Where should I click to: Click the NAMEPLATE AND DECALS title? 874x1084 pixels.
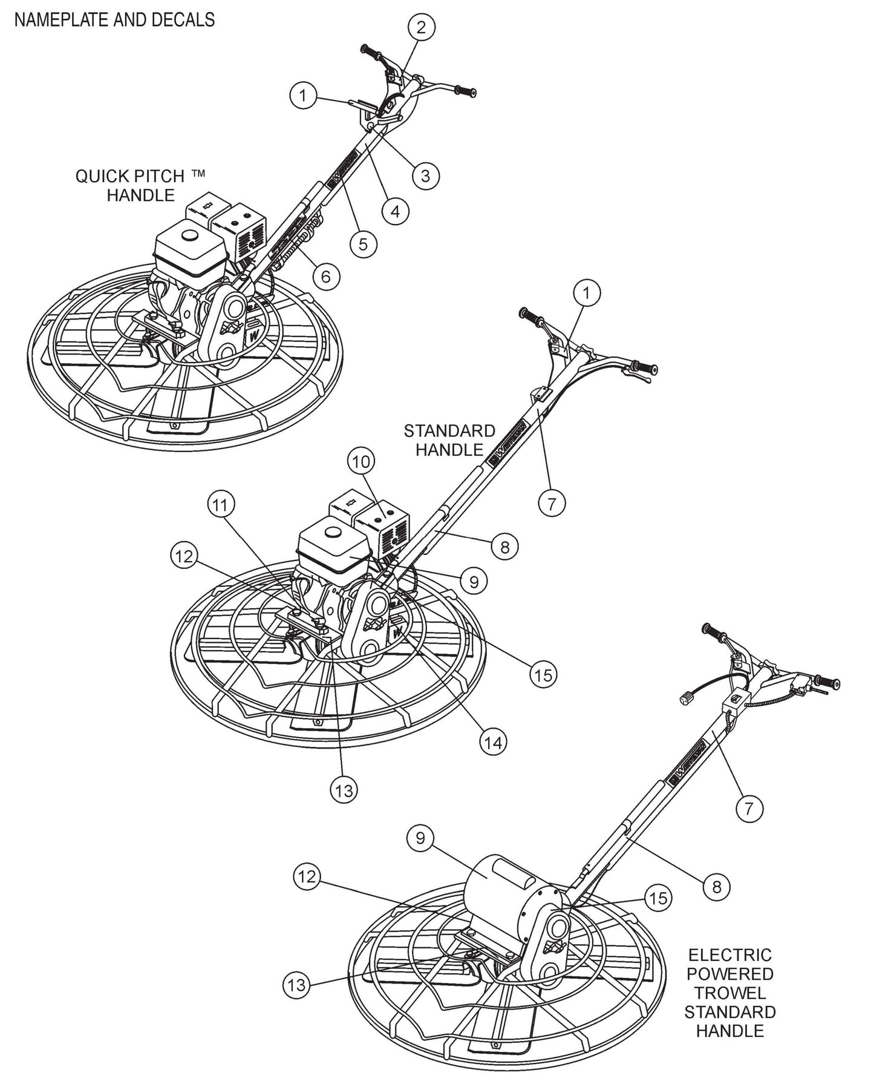[114, 20]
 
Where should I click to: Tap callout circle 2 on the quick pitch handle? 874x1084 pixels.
[422, 27]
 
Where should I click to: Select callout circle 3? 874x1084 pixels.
[425, 176]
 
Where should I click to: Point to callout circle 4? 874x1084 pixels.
[395, 211]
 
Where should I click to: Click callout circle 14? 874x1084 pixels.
[494, 742]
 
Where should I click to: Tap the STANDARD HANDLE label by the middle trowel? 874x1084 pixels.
[449, 440]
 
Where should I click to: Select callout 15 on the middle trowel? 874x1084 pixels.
[543, 674]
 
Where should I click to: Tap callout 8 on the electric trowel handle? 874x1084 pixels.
[717, 887]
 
